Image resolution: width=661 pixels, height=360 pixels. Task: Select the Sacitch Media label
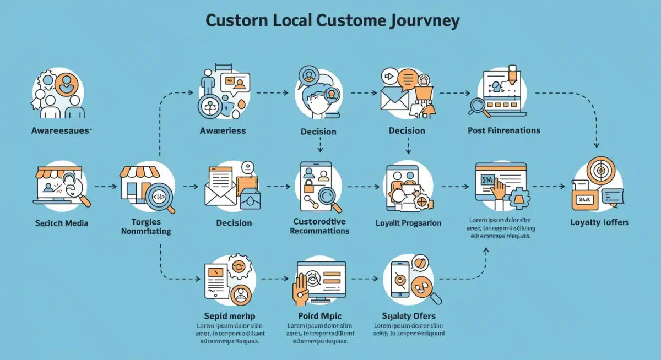(61, 223)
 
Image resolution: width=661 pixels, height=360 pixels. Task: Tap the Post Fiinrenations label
(503, 130)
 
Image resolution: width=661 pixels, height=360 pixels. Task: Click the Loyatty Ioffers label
(599, 222)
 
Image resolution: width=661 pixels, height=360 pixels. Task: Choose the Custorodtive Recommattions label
(319, 226)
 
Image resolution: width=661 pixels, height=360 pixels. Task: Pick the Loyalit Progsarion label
(408, 223)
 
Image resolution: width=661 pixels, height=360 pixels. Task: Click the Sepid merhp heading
(227, 316)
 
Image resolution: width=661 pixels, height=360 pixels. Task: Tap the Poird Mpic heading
(319, 316)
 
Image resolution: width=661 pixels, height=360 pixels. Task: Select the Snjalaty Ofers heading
(408, 316)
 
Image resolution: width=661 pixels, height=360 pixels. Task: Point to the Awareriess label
(223, 130)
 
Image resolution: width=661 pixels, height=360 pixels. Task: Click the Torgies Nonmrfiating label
(145, 226)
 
